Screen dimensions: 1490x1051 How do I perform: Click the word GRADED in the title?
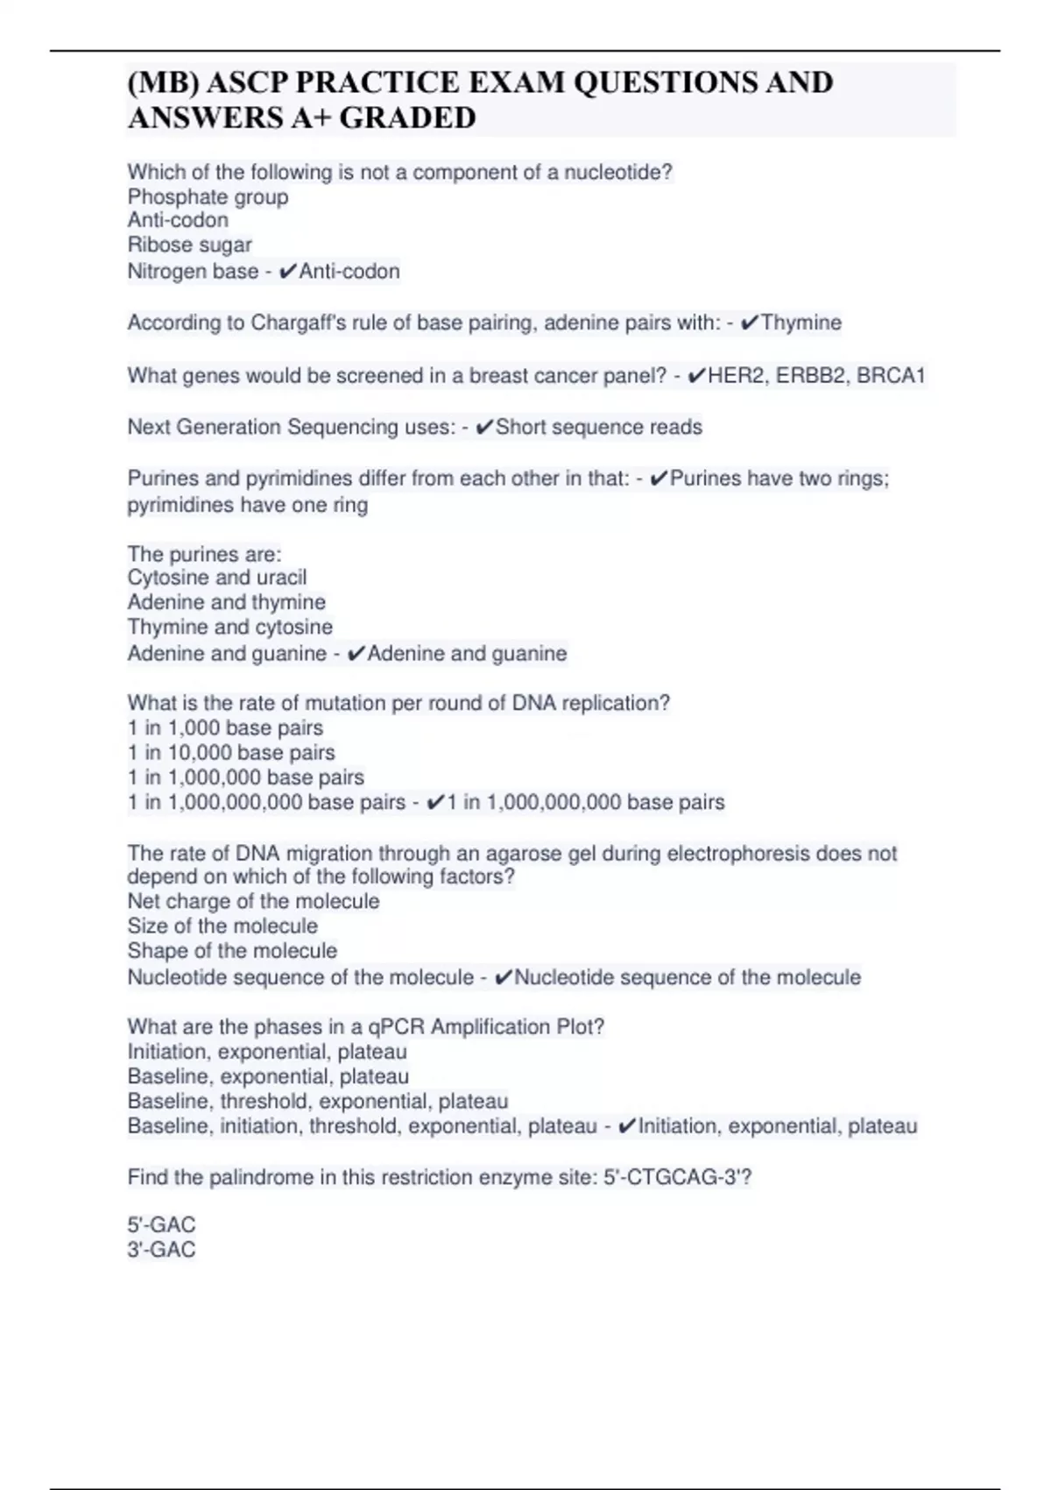[x=407, y=117]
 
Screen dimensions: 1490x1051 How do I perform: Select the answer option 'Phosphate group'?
[x=208, y=197]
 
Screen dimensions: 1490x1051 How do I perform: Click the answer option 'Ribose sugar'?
[x=189, y=245]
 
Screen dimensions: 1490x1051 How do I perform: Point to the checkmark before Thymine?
[x=750, y=323]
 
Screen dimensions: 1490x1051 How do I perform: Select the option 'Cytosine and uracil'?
[x=217, y=578]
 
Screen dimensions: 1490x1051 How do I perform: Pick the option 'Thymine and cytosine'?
[x=230, y=628]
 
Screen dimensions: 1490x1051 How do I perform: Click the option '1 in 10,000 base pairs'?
[x=231, y=753]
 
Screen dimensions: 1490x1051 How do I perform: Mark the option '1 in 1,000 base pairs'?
[x=225, y=728]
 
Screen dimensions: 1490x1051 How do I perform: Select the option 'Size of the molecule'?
[x=222, y=926]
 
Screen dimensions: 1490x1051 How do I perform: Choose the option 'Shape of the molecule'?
[x=232, y=951]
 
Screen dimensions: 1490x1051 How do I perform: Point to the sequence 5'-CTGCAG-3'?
[x=676, y=1177]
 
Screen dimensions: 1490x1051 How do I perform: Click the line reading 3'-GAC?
[x=162, y=1250]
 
